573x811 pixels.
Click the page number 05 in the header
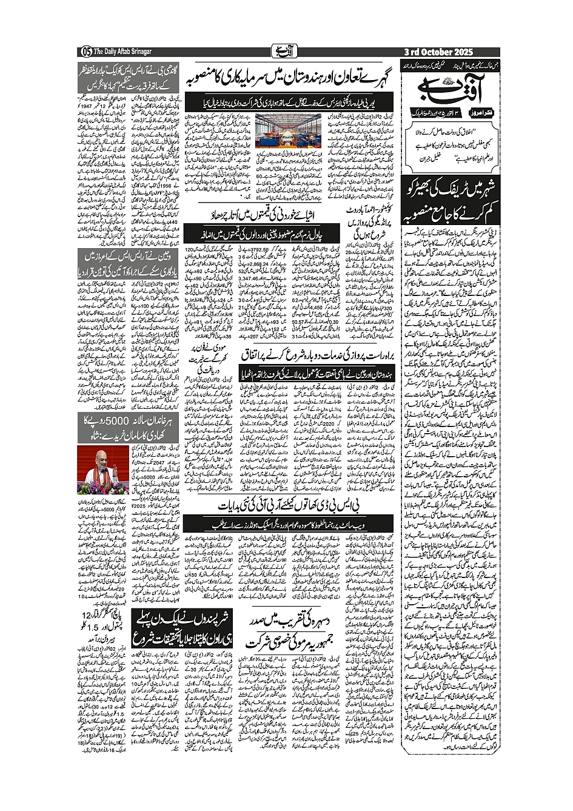[85, 52]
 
